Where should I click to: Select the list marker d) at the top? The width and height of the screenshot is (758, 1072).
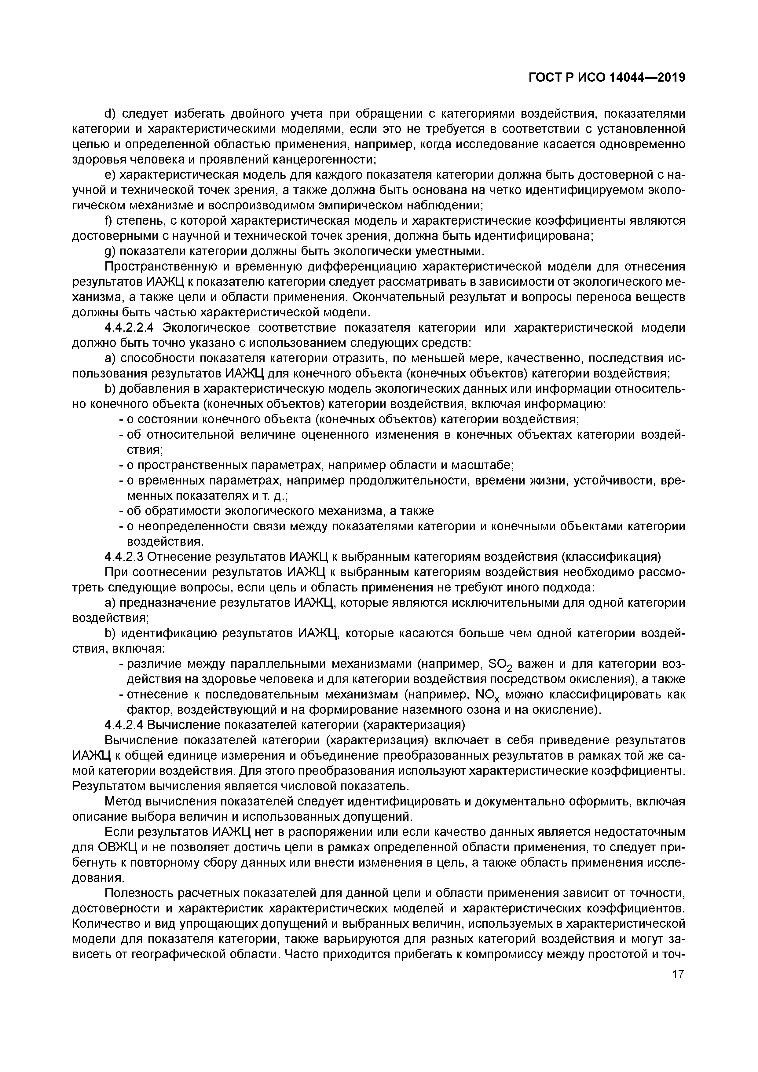(x=110, y=114)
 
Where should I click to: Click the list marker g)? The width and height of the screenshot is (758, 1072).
(x=110, y=252)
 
